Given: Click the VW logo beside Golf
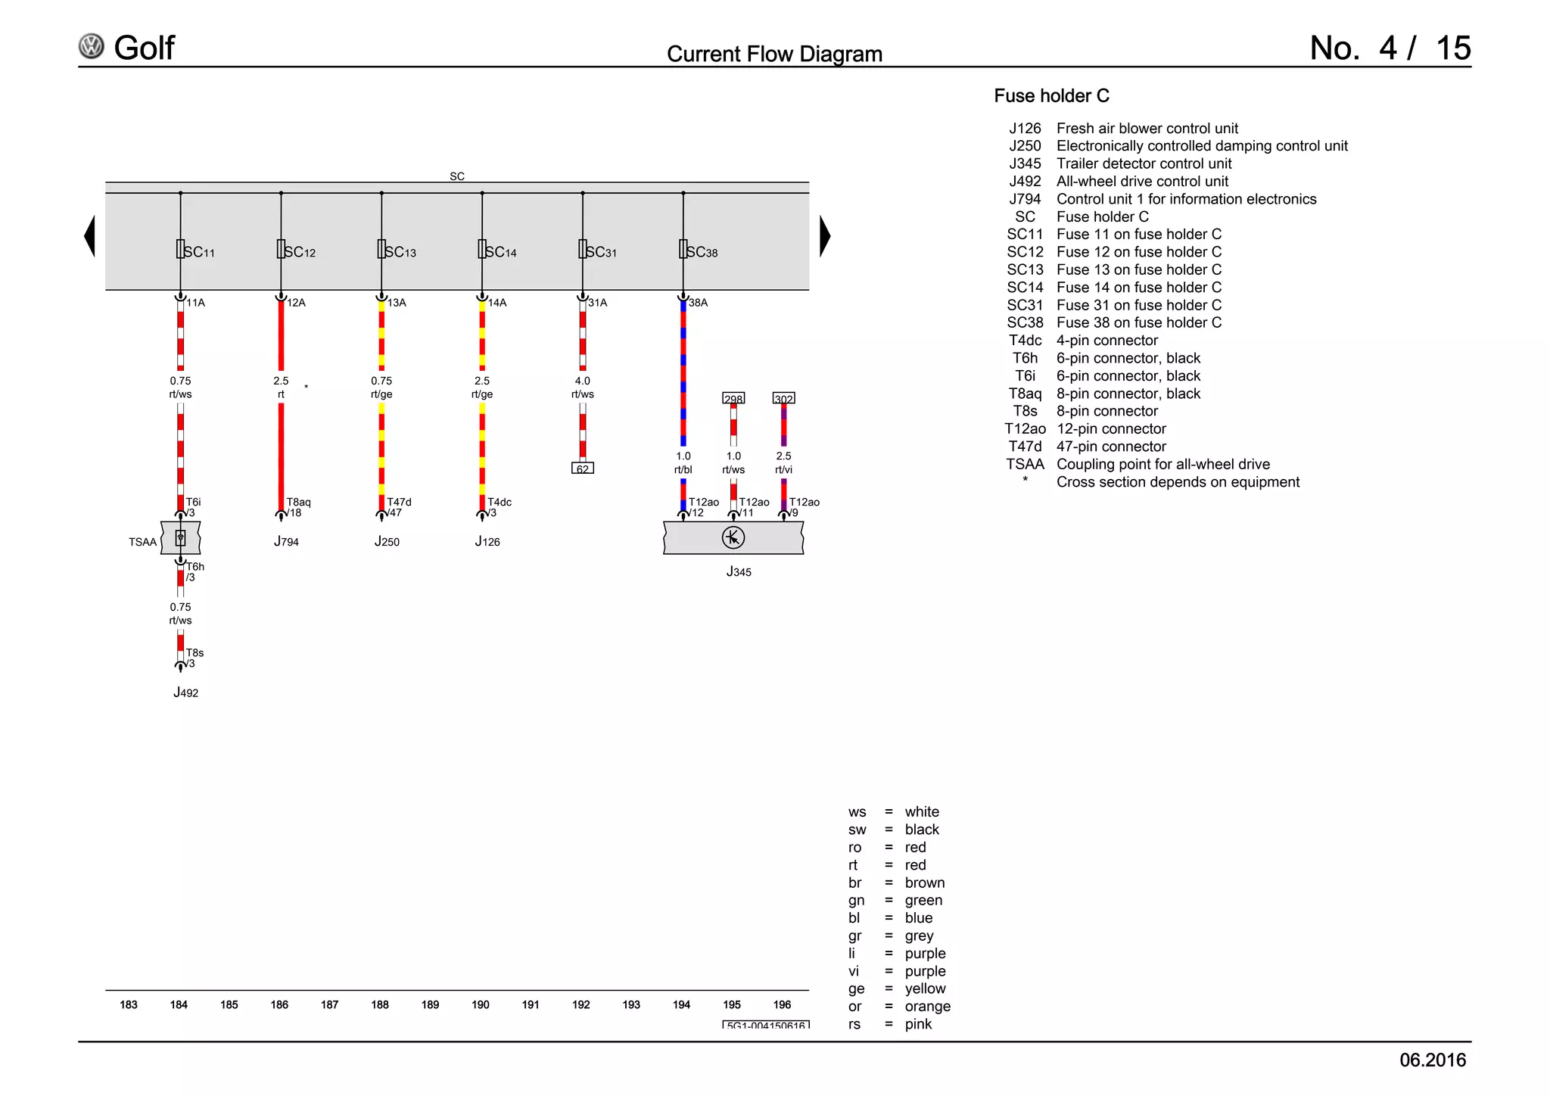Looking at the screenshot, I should (x=92, y=47).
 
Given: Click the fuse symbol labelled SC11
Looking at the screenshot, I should (x=180, y=249).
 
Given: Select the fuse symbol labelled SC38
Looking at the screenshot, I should (x=683, y=249).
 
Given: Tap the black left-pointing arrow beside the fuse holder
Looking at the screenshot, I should (x=90, y=236).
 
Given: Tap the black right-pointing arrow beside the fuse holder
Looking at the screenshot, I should (x=825, y=236).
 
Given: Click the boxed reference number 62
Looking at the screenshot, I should (x=582, y=469).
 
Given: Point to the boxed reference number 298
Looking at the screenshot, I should (x=733, y=398).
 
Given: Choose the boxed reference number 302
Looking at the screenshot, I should (x=783, y=398).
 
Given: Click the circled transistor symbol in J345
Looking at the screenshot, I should (x=733, y=537).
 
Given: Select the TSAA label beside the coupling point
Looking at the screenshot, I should (x=142, y=542).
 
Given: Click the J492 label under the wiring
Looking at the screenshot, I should (x=185, y=693).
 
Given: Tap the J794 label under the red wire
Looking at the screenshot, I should (x=286, y=542).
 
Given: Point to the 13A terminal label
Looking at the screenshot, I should (x=397, y=303).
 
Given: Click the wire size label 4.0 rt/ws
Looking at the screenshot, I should (x=582, y=388).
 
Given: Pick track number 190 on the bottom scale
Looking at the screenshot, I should (x=481, y=1004).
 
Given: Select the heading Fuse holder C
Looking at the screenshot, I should (x=1051, y=96).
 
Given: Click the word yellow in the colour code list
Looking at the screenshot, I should (x=925, y=989).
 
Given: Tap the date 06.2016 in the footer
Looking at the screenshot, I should (x=1432, y=1060).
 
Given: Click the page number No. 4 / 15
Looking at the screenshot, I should (x=1390, y=48).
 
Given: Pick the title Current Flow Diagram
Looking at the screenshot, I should (x=774, y=54).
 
